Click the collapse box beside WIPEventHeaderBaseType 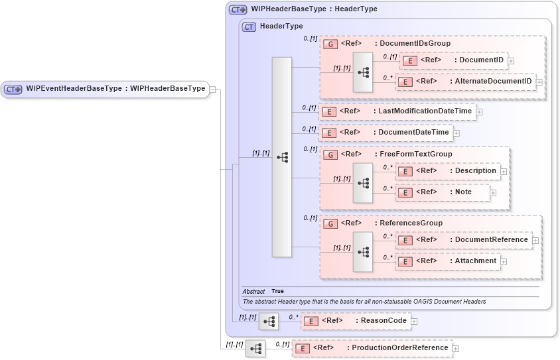click(x=213, y=89)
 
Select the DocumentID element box click(x=454, y=60)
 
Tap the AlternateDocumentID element click(x=468, y=82)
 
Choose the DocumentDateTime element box click(x=385, y=133)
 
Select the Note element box click(x=443, y=192)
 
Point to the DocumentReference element click(x=464, y=240)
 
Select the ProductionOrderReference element click(x=372, y=348)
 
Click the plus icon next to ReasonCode click(x=414, y=322)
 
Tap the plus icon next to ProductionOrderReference click(x=456, y=349)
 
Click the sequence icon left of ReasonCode click(x=269, y=322)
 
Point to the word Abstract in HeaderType click(x=253, y=292)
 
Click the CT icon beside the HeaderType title click(x=249, y=27)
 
